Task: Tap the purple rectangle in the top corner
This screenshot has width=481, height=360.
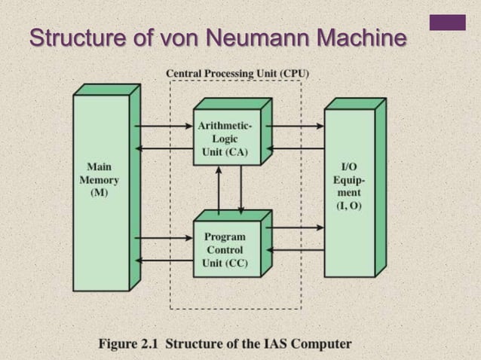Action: pos(447,22)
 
